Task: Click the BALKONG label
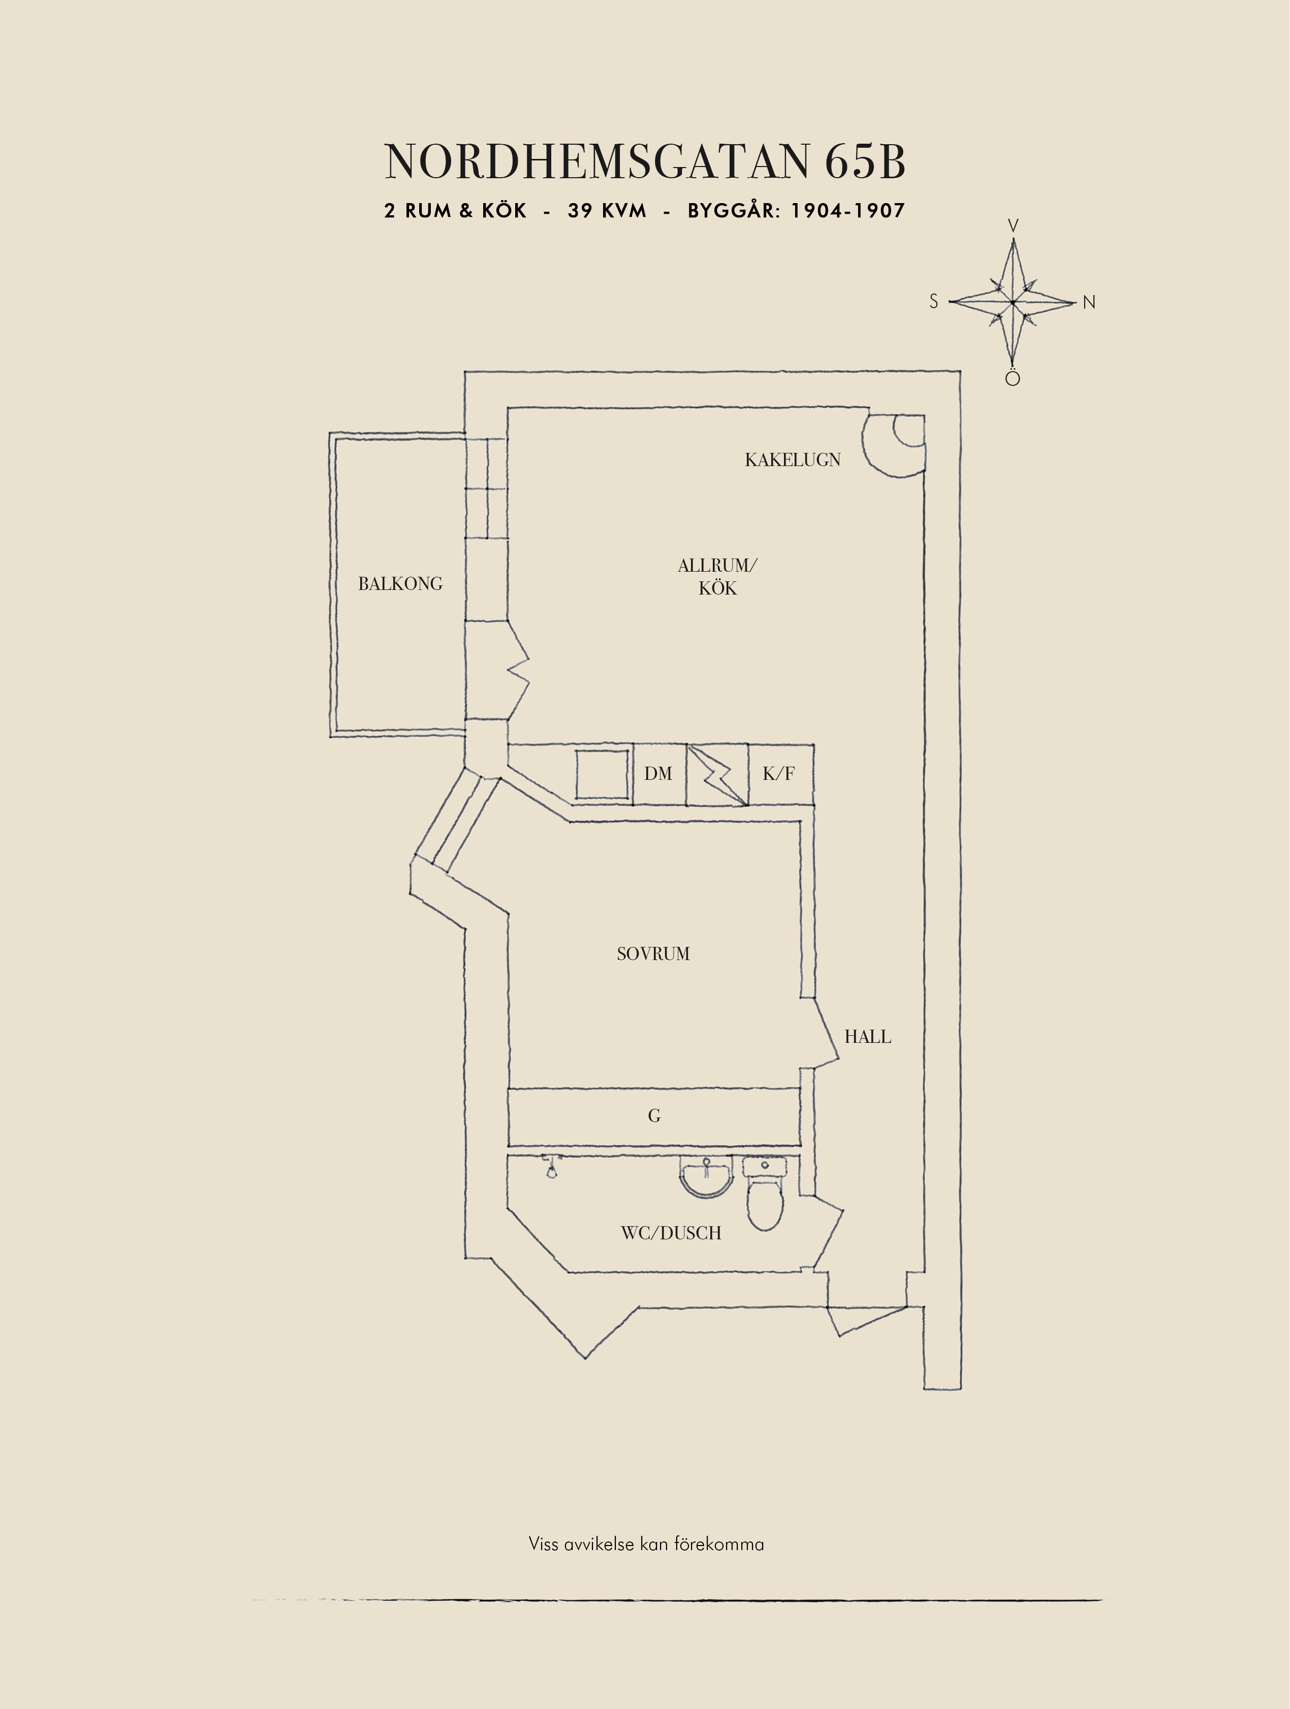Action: (400, 584)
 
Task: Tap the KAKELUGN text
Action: (792, 459)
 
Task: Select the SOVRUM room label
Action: (653, 954)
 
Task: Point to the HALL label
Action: (867, 1037)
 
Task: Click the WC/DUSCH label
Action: (671, 1233)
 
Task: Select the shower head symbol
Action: (550, 1167)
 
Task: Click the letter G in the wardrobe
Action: (654, 1115)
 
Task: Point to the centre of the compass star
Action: (1013, 302)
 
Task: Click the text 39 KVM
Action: (607, 211)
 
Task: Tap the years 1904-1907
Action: (847, 211)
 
